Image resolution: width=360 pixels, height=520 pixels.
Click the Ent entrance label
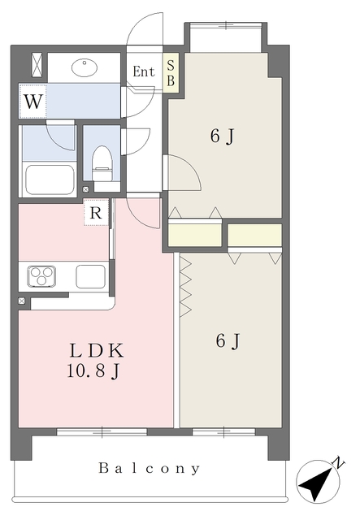click(144, 71)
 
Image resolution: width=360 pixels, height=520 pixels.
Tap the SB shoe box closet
click(171, 73)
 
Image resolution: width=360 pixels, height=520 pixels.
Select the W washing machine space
click(33, 101)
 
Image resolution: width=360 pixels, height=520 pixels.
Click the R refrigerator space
click(96, 213)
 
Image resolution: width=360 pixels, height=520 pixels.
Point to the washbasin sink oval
click(85, 67)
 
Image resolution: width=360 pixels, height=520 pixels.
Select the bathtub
click(50, 180)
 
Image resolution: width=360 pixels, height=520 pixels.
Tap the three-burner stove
click(41, 276)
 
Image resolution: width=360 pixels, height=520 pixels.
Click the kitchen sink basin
click(90, 276)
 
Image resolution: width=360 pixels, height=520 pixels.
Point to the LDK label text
click(97, 350)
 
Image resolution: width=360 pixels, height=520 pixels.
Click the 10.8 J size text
click(93, 371)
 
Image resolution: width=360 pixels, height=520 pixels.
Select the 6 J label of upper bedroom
click(222, 136)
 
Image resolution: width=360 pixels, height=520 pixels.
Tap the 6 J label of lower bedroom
click(228, 341)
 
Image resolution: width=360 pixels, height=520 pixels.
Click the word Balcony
click(150, 468)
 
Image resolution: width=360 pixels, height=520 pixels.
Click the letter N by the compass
click(339, 462)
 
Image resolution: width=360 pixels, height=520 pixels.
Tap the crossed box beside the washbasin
click(37, 65)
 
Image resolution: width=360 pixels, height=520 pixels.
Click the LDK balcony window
click(102, 431)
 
